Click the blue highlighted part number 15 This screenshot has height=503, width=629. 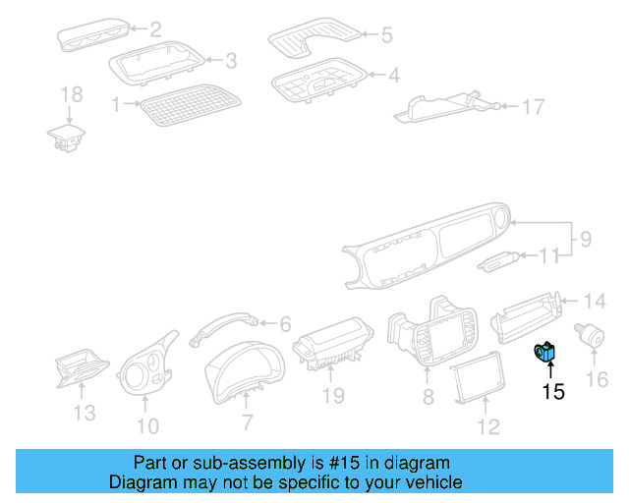click(x=544, y=352)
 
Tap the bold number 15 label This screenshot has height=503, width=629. click(x=553, y=392)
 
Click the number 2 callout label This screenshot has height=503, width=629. click(x=154, y=29)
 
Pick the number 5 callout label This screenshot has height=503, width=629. click(x=386, y=35)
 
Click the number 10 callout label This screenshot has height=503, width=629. click(x=146, y=425)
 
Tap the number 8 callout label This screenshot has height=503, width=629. click(x=428, y=397)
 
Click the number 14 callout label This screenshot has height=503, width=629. click(x=597, y=301)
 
